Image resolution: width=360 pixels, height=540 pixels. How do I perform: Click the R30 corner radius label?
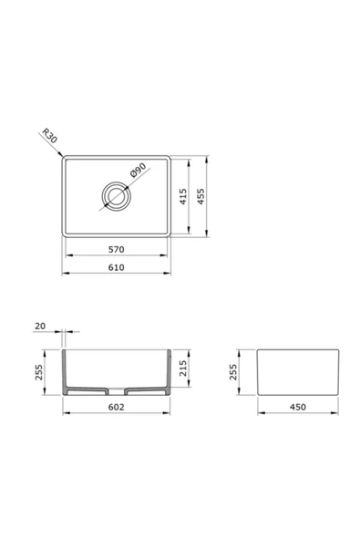(49, 136)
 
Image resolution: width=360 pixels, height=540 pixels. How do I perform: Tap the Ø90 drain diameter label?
(139, 170)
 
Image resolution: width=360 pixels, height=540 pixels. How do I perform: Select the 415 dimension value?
(183, 196)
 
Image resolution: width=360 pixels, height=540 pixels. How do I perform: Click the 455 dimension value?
(201, 196)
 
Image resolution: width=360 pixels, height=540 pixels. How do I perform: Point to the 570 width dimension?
(117, 249)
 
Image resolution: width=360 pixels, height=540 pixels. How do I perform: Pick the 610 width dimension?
(117, 267)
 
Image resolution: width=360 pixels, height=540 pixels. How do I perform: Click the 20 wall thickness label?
(40, 326)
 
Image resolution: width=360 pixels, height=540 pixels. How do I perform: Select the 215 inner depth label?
(183, 369)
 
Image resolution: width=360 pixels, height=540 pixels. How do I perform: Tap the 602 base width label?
(117, 407)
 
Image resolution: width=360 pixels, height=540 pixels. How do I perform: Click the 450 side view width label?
(298, 407)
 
